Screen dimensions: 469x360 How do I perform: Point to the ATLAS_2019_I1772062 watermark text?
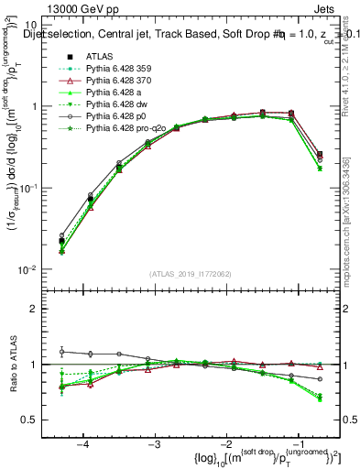point(191,273)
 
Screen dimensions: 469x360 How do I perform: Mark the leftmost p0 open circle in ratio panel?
point(61,352)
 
